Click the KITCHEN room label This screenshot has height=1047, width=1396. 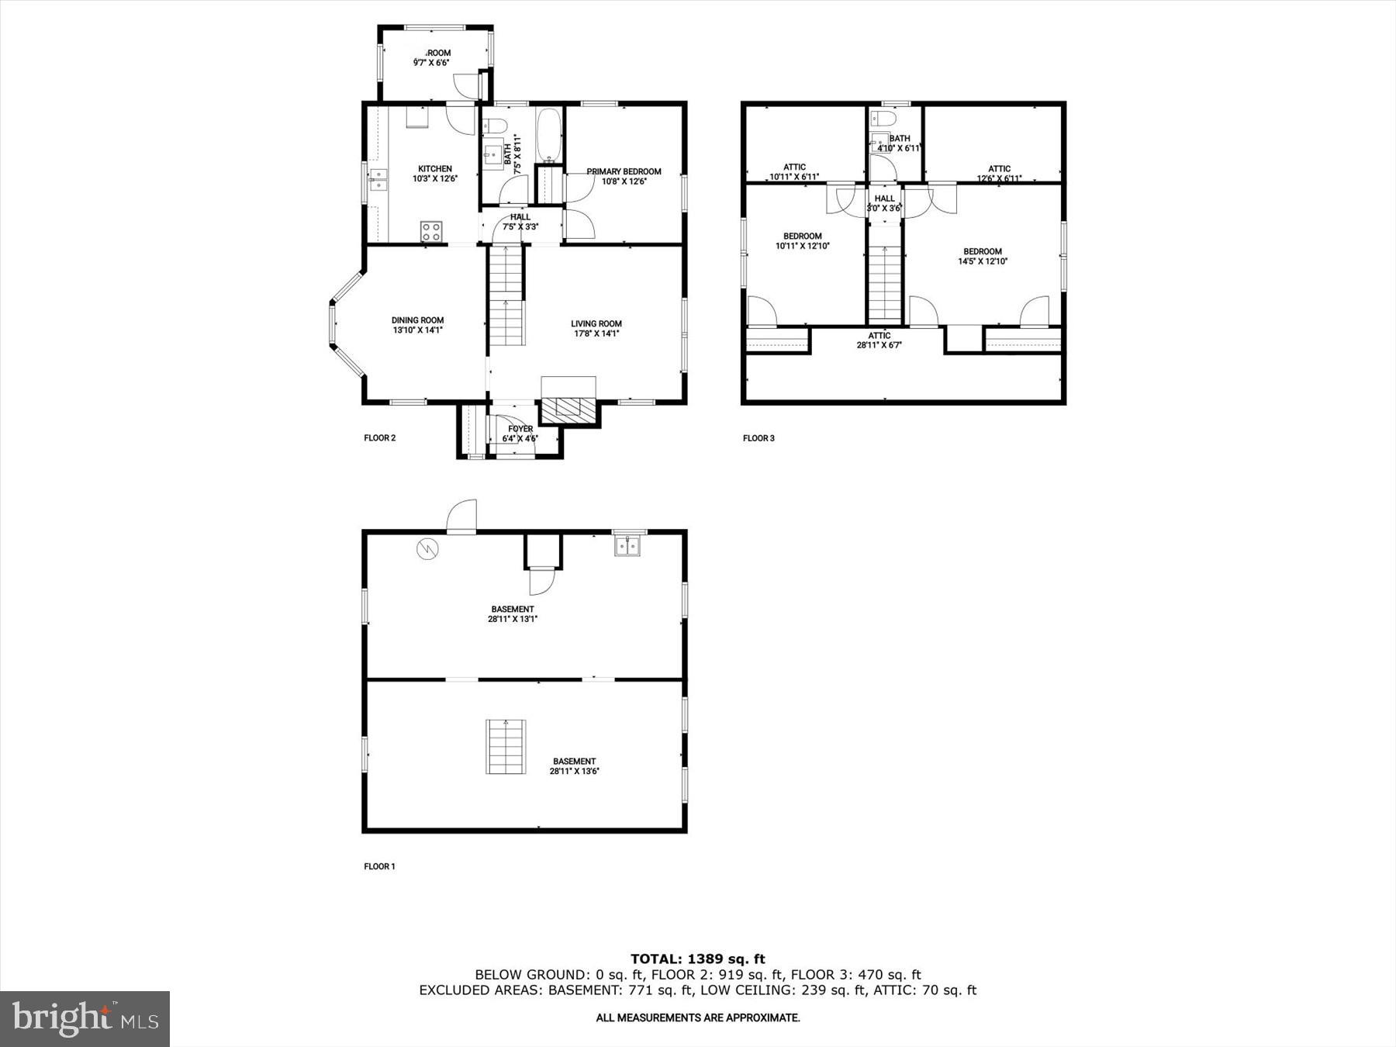coord(434,169)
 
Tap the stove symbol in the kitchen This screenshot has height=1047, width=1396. coord(431,230)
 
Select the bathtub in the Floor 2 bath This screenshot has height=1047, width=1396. coord(549,135)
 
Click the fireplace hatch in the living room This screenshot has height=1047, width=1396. coord(568,409)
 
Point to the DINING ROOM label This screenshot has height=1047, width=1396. coord(417,320)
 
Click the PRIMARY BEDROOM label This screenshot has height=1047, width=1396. coord(624,172)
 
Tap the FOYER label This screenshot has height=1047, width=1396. coord(520,429)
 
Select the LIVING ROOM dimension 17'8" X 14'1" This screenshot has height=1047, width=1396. coord(596,334)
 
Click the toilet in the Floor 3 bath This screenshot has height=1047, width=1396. coord(883,118)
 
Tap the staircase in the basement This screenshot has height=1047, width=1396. coord(506,746)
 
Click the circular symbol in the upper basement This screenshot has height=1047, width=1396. coord(427,549)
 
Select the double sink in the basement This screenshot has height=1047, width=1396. coord(629,547)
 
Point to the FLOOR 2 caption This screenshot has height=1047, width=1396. coord(380,438)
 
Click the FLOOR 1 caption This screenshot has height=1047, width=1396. coord(379,866)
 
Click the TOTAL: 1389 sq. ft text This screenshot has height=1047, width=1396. coord(697,959)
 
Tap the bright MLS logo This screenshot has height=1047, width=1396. coord(85,1018)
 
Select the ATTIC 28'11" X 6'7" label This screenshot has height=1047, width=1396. coord(879,340)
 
